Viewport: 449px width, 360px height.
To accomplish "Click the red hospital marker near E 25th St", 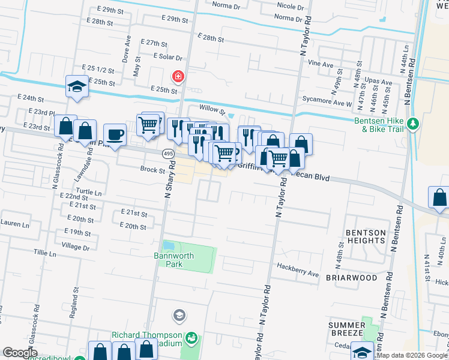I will (178, 77).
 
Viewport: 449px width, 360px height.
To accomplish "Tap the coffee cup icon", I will (115, 134).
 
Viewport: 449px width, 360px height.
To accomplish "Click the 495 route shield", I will (168, 154).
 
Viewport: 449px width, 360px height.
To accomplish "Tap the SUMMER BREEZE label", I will (346, 329).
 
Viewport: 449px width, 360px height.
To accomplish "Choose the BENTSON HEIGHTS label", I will (365, 236).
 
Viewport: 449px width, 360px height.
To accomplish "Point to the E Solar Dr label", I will (168, 56).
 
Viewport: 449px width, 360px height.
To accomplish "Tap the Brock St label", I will (152, 170).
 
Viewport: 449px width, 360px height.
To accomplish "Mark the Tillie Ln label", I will (45, 254).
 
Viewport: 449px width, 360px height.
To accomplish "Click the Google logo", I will (20, 353).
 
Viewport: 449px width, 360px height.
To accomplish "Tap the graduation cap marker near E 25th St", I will (77, 86).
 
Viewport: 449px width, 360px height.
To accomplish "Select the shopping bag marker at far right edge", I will (439, 197).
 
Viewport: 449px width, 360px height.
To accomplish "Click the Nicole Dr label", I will (291, 6).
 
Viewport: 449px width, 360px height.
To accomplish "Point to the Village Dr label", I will (75, 247).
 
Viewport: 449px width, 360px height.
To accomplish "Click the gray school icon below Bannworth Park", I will (179, 315).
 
